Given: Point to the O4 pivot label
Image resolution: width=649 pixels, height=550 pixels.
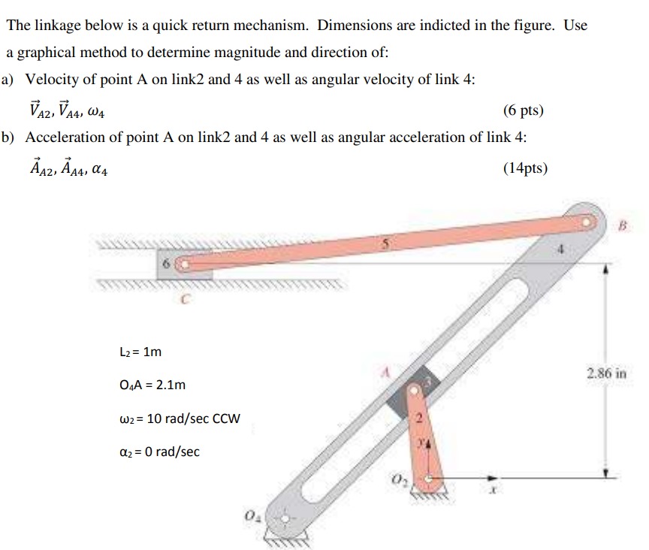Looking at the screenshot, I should coord(251,515).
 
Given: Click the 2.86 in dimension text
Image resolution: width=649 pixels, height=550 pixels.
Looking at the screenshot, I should coord(607,373).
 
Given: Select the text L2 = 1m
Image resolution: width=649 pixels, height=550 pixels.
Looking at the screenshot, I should coord(140,352).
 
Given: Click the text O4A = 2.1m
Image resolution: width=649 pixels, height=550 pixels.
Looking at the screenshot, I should coord(152,385).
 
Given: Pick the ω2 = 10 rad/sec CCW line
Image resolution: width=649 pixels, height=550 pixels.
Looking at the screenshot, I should coord(180,419).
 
